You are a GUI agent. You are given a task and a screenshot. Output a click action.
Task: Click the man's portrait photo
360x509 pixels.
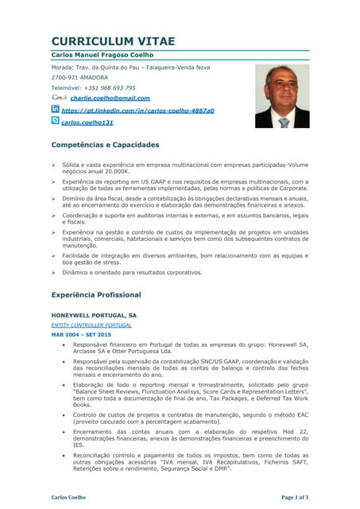tap(282, 96)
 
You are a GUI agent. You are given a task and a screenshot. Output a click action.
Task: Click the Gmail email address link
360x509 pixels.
tap(110, 98)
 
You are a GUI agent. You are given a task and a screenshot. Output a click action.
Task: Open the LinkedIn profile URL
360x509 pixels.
tap(137, 110)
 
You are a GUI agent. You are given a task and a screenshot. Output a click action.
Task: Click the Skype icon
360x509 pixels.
tap(56, 121)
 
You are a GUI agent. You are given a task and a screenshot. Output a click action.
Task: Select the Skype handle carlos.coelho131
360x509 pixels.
tap(87, 122)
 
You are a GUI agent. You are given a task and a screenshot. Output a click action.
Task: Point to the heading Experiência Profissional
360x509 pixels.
tap(96, 295)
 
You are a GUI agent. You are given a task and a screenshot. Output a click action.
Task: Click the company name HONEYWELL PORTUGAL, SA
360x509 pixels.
tap(94, 315)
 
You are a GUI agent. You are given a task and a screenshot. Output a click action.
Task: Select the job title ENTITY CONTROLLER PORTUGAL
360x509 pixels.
tap(91, 325)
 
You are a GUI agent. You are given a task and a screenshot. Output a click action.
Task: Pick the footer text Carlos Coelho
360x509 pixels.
tap(68, 497)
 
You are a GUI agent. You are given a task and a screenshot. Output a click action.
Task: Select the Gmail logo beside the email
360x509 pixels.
tap(59, 98)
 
